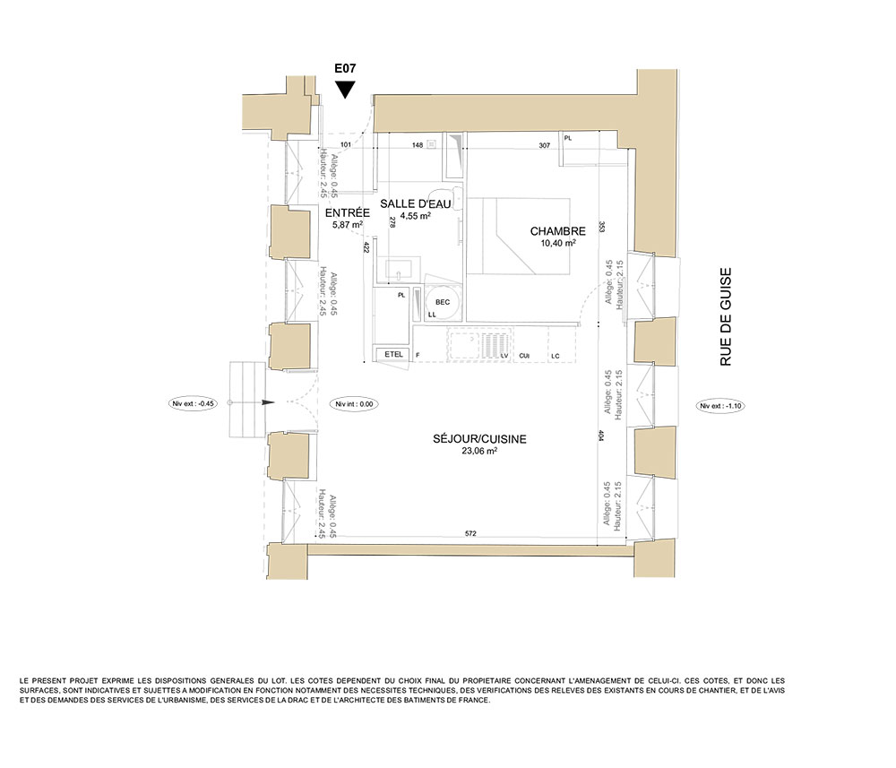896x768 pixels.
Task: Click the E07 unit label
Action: tap(345, 69)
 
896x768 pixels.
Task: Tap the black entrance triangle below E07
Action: tap(345, 89)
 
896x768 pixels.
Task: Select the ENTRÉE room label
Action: tap(348, 212)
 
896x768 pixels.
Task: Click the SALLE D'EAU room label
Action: tap(416, 203)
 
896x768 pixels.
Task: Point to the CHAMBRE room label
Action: tap(557, 231)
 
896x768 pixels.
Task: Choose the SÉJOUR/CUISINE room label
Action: tap(479, 439)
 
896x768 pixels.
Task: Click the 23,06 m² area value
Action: tap(479, 451)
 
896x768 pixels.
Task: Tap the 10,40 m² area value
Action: tap(557, 243)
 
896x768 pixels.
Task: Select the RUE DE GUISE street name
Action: tap(725, 317)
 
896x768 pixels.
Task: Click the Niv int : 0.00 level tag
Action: tap(354, 404)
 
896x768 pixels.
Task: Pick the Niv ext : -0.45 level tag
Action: tap(194, 403)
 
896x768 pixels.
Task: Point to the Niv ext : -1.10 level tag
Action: tap(720, 406)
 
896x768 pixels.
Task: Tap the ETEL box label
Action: tap(393, 354)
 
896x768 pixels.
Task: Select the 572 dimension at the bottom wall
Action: tap(470, 534)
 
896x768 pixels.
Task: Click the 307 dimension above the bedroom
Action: tap(544, 146)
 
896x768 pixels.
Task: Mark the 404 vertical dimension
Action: tap(602, 435)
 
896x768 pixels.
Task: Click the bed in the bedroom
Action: tap(519, 236)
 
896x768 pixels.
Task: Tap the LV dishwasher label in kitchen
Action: tap(504, 356)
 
